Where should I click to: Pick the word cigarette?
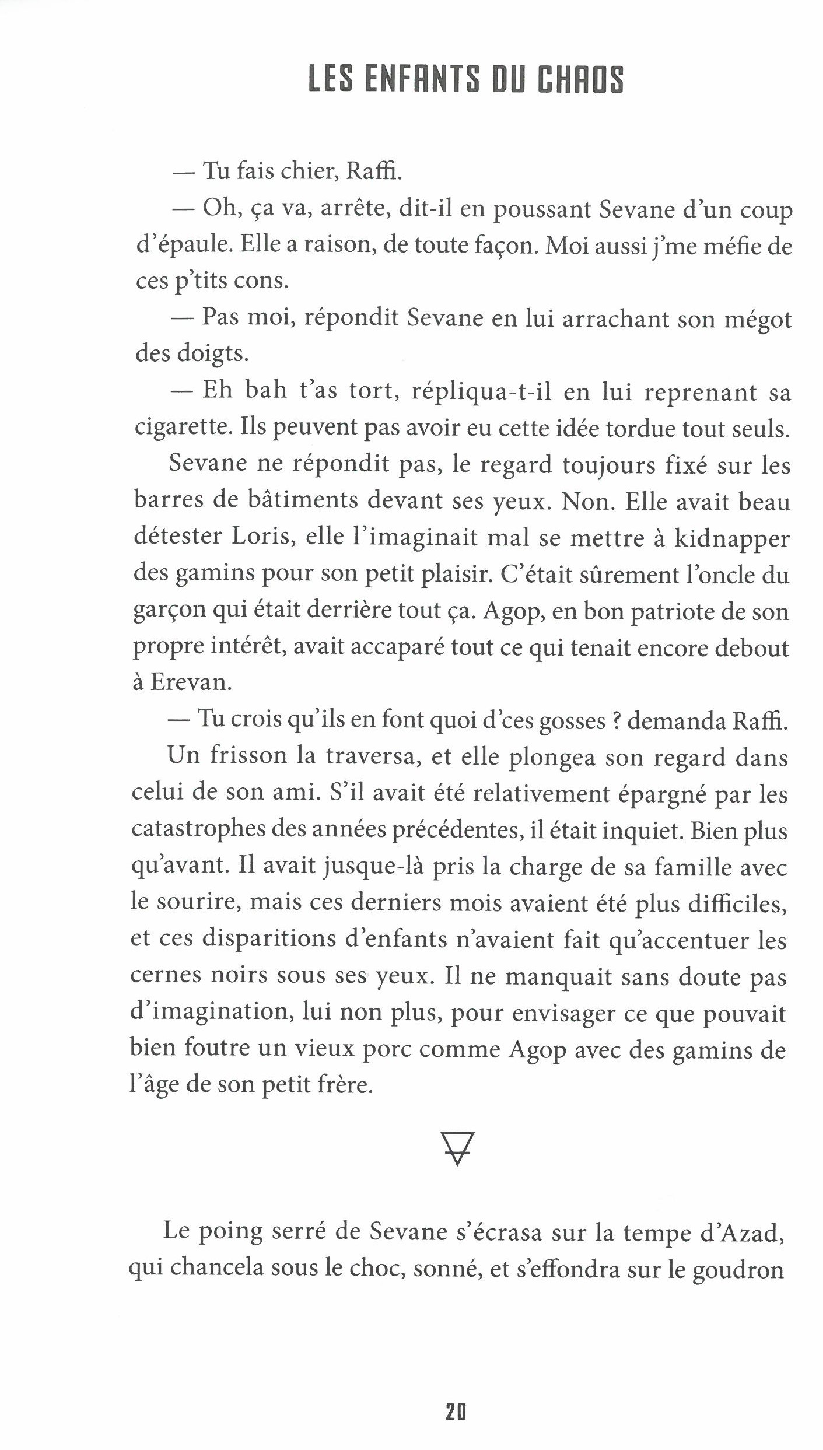(x=181, y=429)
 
